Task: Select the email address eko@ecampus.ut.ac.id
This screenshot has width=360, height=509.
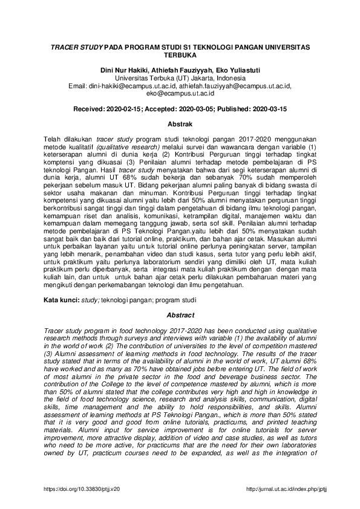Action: (180, 94)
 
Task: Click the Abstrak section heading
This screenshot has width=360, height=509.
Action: (180, 124)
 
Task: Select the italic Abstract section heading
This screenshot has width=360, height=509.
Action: (180, 316)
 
